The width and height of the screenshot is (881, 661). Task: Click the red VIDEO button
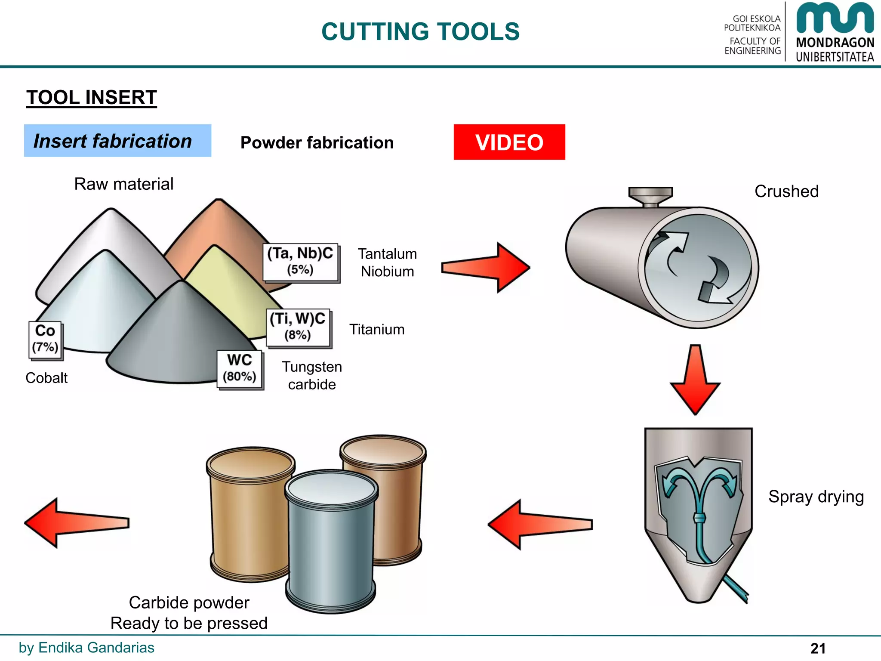pyautogui.click(x=509, y=142)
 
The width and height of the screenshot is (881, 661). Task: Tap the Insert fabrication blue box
pyautogui.click(x=117, y=141)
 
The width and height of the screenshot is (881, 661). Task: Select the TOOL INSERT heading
pyautogui.click(x=92, y=97)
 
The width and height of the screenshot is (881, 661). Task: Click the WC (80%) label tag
pyautogui.click(x=240, y=369)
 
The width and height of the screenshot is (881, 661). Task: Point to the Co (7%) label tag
pyautogui.click(x=45, y=340)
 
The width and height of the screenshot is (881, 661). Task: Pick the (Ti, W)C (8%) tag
pyautogui.click(x=298, y=327)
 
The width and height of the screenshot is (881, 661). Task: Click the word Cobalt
pyautogui.click(x=46, y=378)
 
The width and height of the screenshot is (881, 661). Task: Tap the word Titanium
pyautogui.click(x=377, y=330)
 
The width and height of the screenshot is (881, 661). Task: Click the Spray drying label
pyautogui.click(x=816, y=497)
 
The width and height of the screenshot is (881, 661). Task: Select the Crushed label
pyautogui.click(x=786, y=191)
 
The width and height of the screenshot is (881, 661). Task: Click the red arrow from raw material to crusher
pyautogui.click(x=486, y=267)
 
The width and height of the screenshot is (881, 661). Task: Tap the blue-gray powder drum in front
pyautogui.click(x=330, y=542)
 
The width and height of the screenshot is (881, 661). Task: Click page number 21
pyautogui.click(x=818, y=648)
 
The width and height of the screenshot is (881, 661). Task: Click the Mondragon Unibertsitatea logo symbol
pyautogui.click(x=835, y=18)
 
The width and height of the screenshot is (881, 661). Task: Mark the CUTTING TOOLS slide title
pyautogui.click(x=420, y=32)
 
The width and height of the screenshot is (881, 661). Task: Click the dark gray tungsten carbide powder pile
pyautogui.click(x=181, y=340)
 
